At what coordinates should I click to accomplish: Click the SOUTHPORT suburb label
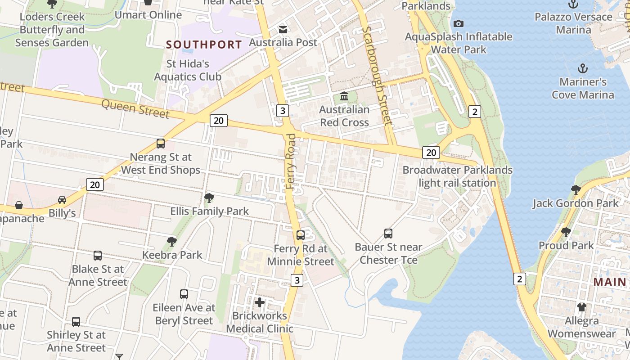coord(204,45)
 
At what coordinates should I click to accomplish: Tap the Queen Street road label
coord(135,108)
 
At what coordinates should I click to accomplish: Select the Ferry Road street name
coord(291,161)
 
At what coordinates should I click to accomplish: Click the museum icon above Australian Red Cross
coord(344,96)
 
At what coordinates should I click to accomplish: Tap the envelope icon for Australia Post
coord(283,30)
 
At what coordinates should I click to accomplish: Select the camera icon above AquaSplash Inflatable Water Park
coord(458,23)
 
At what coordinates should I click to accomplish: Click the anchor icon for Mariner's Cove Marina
coord(583,69)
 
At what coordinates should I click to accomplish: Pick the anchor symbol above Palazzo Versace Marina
coord(573,4)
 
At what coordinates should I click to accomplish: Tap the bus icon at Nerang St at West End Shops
coord(161,144)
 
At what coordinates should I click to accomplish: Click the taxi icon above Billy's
coord(62,199)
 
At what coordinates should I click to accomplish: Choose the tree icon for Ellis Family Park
coord(209,198)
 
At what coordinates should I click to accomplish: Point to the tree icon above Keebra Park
coord(171,241)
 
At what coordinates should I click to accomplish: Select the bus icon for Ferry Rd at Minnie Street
coord(301,235)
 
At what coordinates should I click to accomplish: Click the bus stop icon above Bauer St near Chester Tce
coord(388,233)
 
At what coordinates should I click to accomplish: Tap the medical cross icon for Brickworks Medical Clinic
coord(260,302)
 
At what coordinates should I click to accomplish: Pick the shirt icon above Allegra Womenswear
coord(582,307)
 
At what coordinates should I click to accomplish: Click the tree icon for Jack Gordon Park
coord(576,189)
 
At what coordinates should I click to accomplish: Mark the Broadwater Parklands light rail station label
coord(457,176)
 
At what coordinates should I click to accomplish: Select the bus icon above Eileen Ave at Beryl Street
coord(184,294)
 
